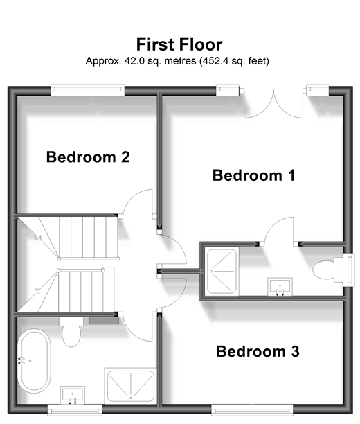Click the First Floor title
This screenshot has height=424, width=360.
[179, 44]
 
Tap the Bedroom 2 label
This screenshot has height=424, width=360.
[88, 157]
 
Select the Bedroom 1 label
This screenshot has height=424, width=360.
[254, 175]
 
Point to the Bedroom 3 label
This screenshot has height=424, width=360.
[258, 351]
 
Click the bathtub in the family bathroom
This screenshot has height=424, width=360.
[35, 361]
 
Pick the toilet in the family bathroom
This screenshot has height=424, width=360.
[71, 332]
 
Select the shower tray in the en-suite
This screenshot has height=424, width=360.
[222, 271]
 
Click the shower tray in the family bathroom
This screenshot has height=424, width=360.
[131, 386]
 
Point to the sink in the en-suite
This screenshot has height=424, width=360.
[280, 286]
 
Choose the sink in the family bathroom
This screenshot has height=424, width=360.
[73, 395]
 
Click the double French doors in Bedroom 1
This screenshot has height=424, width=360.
[273, 103]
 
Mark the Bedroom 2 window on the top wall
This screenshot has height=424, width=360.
[88, 90]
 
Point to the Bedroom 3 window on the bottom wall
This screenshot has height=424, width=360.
[252, 410]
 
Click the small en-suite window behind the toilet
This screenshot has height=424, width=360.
[351, 269]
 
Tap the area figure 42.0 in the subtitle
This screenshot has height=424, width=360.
[133, 61]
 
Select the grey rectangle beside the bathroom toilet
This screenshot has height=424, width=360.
[104, 321]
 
